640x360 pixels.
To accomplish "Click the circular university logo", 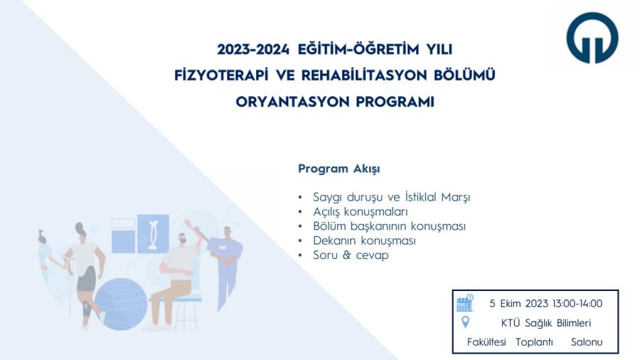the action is tap(592, 38).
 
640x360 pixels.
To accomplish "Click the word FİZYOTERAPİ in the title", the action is tap(221, 75).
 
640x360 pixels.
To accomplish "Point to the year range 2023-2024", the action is tap(253, 49).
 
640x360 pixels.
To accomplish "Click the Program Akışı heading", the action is tap(338, 169).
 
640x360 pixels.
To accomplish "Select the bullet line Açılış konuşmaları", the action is tap(361, 211).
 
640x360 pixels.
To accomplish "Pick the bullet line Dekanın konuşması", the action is tap(364, 240).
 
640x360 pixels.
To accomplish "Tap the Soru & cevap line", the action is tap(351, 255).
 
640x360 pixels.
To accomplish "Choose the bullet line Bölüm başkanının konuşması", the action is tap(389, 226).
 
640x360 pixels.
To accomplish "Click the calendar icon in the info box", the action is tap(465, 303).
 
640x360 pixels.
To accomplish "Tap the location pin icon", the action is tap(465, 322).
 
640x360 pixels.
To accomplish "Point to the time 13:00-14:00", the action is tap(577, 304).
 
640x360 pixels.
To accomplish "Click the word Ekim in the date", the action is tap(510, 304).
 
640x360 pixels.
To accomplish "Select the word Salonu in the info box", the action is tap(587, 342).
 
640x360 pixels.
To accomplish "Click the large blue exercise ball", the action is tap(121, 304).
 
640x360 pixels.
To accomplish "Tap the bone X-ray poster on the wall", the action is tap(153, 234).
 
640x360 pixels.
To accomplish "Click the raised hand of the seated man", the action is tap(188, 223).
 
